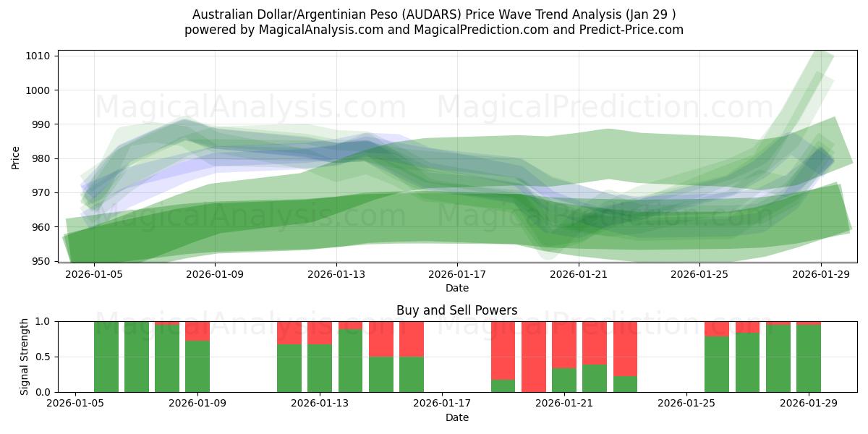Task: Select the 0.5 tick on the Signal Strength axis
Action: (43, 357)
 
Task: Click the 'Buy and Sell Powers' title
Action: (456, 310)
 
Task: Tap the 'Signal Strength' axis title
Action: (25, 357)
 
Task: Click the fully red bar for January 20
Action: (534, 357)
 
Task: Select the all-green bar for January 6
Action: (137, 357)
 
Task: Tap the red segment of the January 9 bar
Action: (197, 331)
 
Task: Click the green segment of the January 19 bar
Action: (503, 386)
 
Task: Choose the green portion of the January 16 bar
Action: (412, 374)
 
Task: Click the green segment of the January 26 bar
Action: (717, 364)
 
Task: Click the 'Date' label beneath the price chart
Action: (456, 288)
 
